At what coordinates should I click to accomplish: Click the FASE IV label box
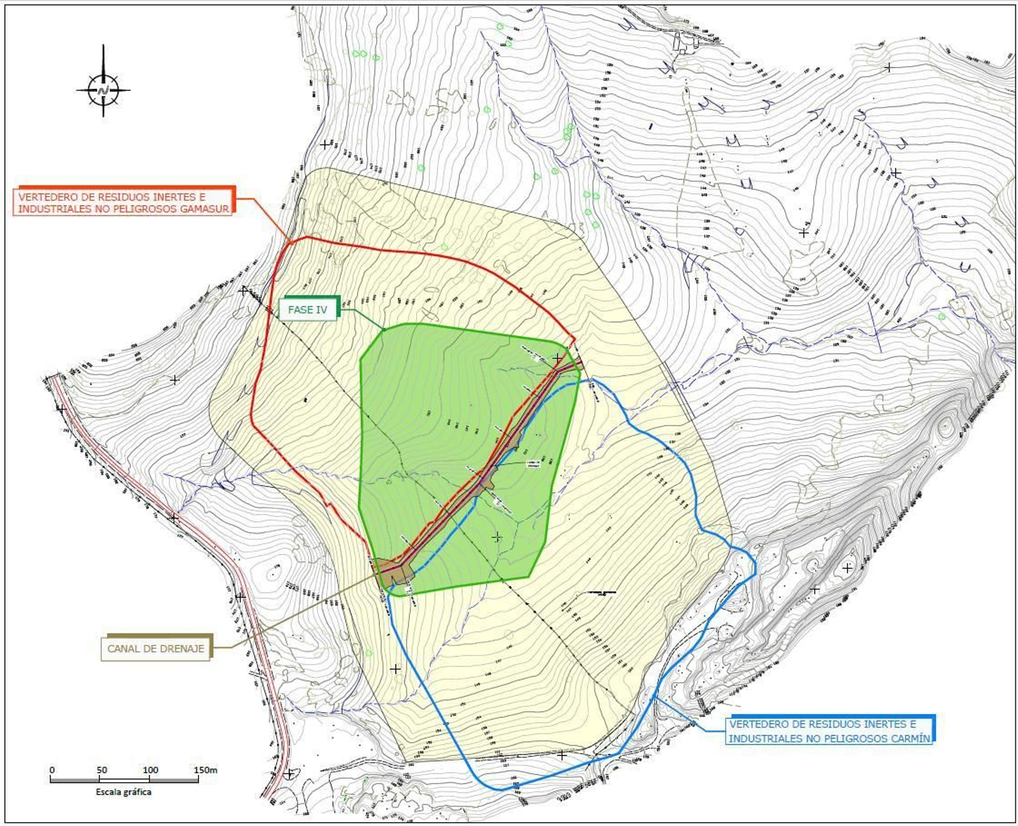click(x=308, y=310)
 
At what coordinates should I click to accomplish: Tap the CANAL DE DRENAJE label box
click(x=156, y=649)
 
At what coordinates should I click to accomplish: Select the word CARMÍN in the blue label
click(x=909, y=738)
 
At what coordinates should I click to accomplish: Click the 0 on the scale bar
click(x=52, y=770)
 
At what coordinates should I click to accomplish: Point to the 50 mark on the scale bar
click(x=102, y=770)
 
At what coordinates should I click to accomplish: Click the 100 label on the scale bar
click(x=150, y=770)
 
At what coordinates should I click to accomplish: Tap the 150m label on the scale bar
click(x=206, y=770)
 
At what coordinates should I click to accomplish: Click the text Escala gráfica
click(x=123, y=792)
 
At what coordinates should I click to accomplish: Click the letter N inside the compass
click(x=104, y=90)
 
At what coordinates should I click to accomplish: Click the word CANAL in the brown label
click(x=123, y=649)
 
